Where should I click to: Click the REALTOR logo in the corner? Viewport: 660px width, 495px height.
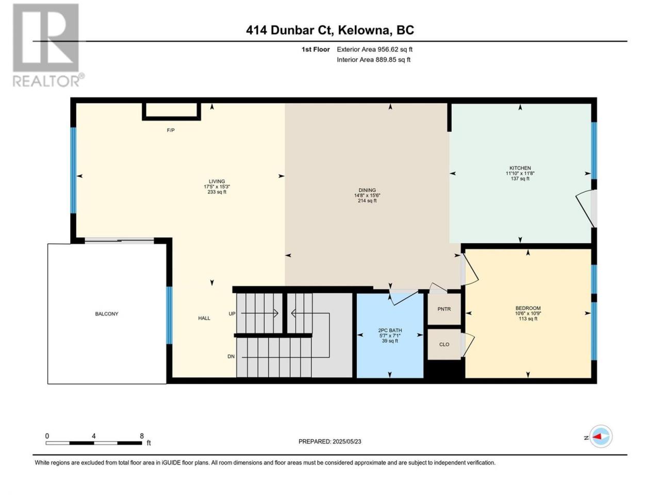pos(47,45)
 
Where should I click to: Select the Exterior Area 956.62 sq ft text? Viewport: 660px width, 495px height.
pos(375,49)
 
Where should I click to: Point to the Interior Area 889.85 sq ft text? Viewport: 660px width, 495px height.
pos(373,59)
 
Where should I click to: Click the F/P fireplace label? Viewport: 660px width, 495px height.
pos(171,130)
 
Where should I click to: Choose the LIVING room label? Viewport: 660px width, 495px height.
pos(217,181)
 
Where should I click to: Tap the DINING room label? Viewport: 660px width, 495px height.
pos(367,190)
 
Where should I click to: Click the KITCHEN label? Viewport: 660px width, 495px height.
pos(520,168)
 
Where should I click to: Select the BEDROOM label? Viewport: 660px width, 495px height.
pos(527,308)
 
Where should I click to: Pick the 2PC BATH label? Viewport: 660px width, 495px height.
pos(390,331)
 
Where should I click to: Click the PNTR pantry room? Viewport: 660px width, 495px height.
pos(444,309)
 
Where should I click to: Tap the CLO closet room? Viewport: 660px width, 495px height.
pos(444,344)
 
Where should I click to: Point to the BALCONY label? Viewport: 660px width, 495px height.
pos(107,314)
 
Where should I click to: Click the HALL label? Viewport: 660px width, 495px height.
pos(204,318)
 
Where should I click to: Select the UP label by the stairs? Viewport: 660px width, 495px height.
pos(232,314)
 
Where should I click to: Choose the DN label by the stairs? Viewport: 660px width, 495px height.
pos(231,356)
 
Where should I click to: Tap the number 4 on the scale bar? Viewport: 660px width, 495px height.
pos(93,436)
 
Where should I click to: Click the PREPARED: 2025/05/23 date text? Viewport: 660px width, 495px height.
pos(329,441)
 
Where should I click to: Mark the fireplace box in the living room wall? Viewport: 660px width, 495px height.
pos(171,111)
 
